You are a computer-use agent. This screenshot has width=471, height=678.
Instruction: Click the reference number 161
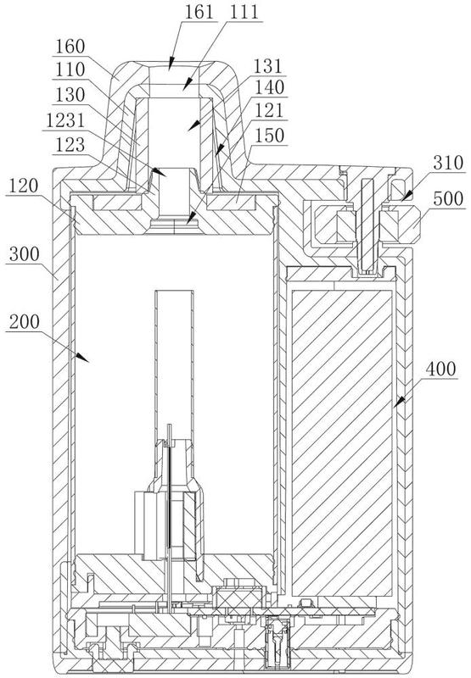[199, 12]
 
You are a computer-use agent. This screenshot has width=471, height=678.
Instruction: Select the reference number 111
[244, 12]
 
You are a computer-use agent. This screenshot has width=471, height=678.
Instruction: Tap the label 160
[70, 47]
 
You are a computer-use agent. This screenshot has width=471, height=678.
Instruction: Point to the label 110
[70, 69]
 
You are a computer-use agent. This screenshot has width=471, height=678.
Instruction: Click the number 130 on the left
[70, 95]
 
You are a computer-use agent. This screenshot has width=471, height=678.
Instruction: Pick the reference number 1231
[65, 120]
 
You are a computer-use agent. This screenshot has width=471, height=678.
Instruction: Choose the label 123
[70, 144]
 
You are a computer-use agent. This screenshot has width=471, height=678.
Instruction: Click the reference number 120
[24, 186]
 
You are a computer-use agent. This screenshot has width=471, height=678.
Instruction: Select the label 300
[24, 253]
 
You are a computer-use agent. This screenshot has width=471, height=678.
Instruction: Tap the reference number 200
[24, 322]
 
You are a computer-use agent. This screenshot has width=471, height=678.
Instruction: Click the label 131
[267, 67]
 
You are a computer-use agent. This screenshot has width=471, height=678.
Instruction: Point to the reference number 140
[269, 87]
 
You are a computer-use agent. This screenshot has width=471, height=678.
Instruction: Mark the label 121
[269, 110]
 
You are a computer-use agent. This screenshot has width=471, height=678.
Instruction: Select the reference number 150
[269, 136]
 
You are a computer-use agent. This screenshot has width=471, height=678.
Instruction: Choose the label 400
[441, 369]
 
